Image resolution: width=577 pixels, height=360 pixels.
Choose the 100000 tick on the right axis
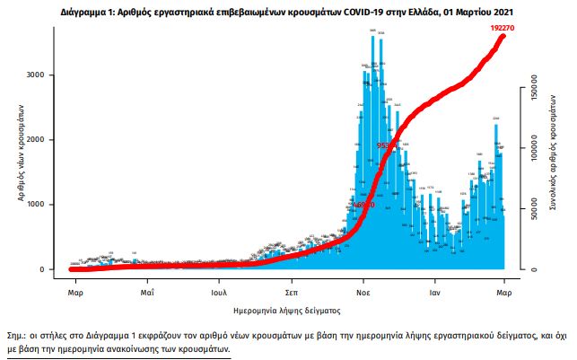(533, 154)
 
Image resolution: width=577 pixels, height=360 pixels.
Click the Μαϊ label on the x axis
(146, 293)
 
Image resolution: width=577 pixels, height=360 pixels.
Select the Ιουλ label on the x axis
(218, 293)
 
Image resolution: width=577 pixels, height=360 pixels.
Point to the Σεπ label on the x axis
(292, 293)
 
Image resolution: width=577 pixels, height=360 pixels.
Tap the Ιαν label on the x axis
(434, 293)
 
